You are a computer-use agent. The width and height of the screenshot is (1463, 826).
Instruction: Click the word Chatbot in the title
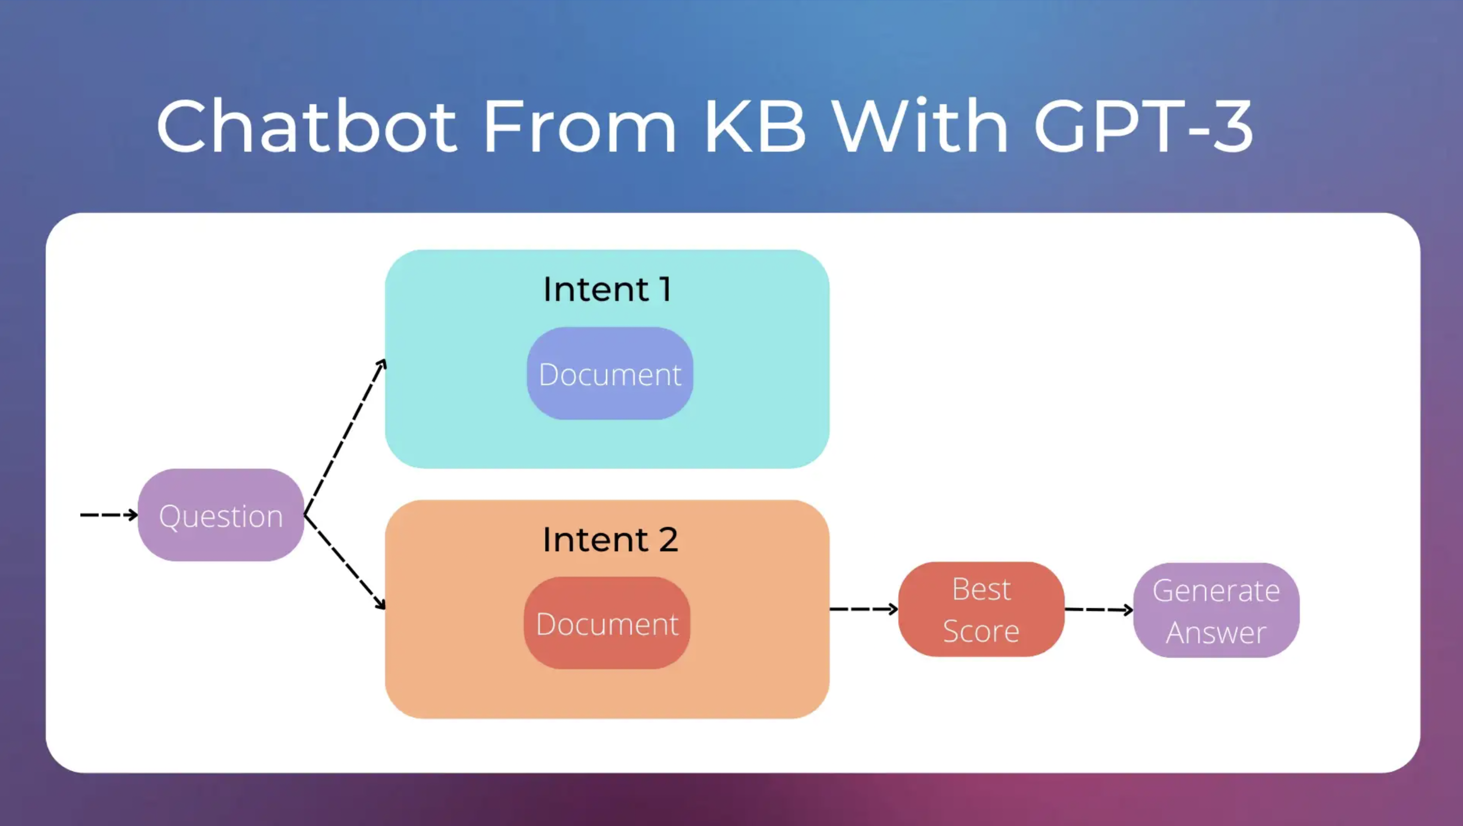coord(307,126)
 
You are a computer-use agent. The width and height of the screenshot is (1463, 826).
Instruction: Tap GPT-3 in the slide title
coord(1142,126)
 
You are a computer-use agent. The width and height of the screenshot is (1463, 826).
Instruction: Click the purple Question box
coord(221,515)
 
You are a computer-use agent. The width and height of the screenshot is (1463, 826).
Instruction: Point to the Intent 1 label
coord(607,289)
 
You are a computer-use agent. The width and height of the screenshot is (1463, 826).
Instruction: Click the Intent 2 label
coord(610,539)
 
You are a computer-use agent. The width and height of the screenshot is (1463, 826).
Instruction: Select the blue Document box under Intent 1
coord(610,374)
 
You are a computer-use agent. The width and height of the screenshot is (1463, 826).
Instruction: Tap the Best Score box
coord(981,610)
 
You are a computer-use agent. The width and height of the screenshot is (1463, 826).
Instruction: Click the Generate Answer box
coord(1216,611)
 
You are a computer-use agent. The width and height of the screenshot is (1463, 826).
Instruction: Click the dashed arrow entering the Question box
coord(108,515)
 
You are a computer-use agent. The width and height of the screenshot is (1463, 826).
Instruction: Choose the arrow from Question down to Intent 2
coord(345,562)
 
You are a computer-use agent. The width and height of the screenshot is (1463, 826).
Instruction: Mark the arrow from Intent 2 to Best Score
coord(863,610)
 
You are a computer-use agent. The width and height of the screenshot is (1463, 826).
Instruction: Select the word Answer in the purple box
coord(1216,632)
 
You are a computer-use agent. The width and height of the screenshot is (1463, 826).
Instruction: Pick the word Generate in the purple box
coord(1216,591)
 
